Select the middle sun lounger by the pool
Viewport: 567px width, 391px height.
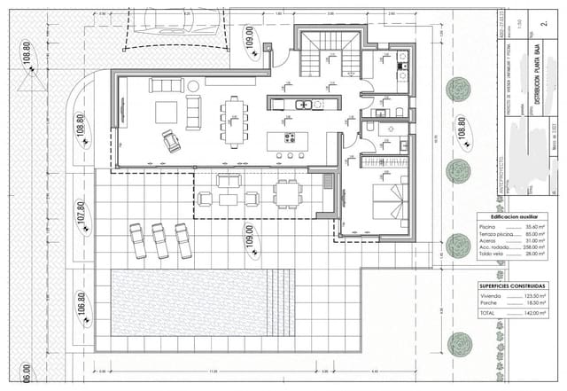(160, 240)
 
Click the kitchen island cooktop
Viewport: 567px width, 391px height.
(290, 137)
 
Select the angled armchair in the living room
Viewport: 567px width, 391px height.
(170, 141)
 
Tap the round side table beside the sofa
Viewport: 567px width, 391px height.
(193, 86)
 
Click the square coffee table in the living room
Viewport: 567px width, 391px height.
(166, 112)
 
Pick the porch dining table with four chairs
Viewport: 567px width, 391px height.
(286, 192)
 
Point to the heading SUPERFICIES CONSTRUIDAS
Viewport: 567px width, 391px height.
(512, 286)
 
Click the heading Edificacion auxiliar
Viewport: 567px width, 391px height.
(510, 216)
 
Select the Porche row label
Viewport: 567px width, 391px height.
(488, 303)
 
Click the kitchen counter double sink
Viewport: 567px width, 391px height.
(303, 105)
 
